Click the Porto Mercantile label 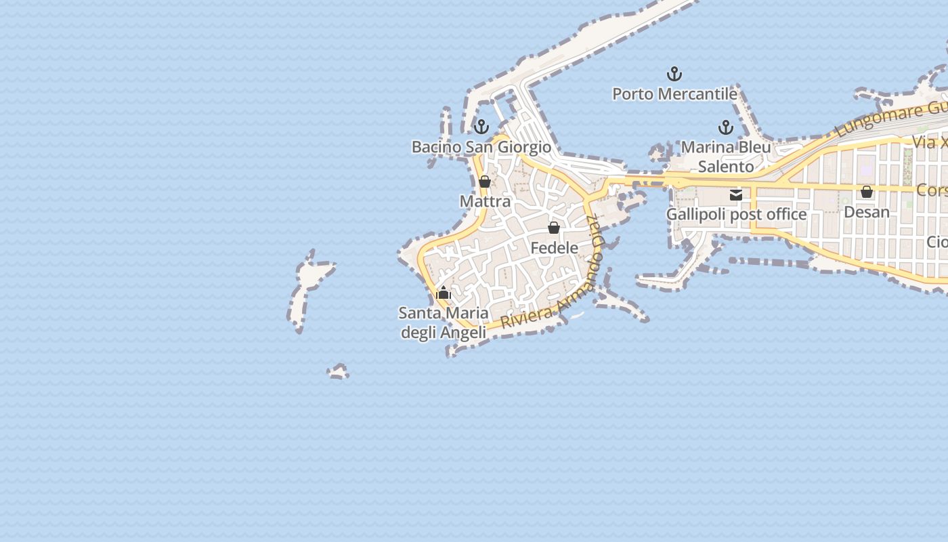click(674, 94)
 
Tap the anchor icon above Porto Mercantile click(674, 74)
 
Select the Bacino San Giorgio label click(481, 147)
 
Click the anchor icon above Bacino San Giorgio click(481, 127)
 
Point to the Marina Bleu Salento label click(726, 157)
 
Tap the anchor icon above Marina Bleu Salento click(726, 127)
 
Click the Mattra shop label click(485, 201)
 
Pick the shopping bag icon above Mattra click(485, 182)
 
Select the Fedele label click(554, 248)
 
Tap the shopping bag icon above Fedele click(554, 228)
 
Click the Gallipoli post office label click(736, 215)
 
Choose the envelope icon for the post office click(736, 195)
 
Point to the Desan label click(867, 212)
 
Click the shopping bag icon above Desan click(867, 192)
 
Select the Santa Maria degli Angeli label click(444, 322)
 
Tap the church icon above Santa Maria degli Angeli click(444, 293)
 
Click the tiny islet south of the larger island click(339, 371)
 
